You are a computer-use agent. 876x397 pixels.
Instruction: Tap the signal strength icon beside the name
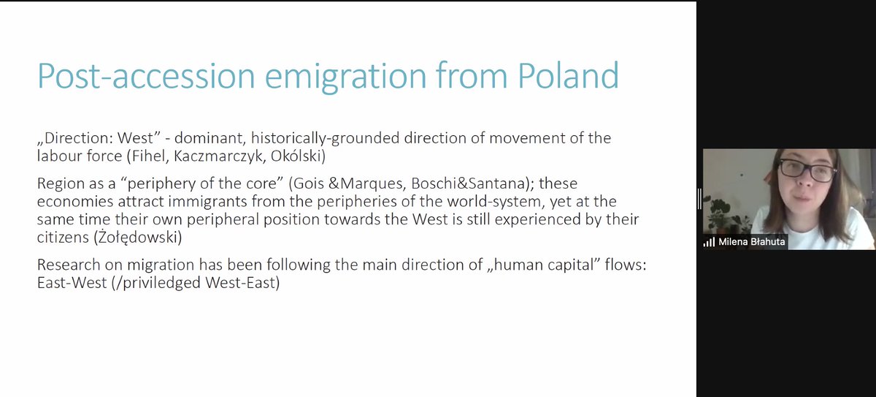click(x=709, y=241)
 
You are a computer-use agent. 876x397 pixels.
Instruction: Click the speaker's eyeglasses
click(x=807, y=170)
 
